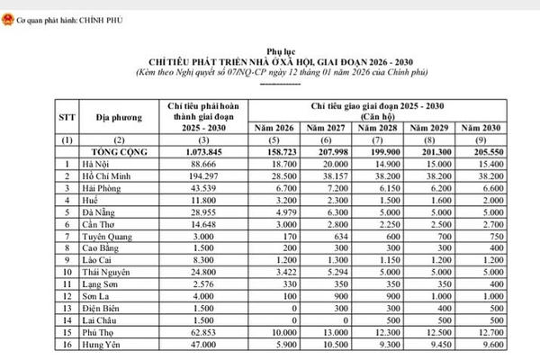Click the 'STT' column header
coord(38,118)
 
